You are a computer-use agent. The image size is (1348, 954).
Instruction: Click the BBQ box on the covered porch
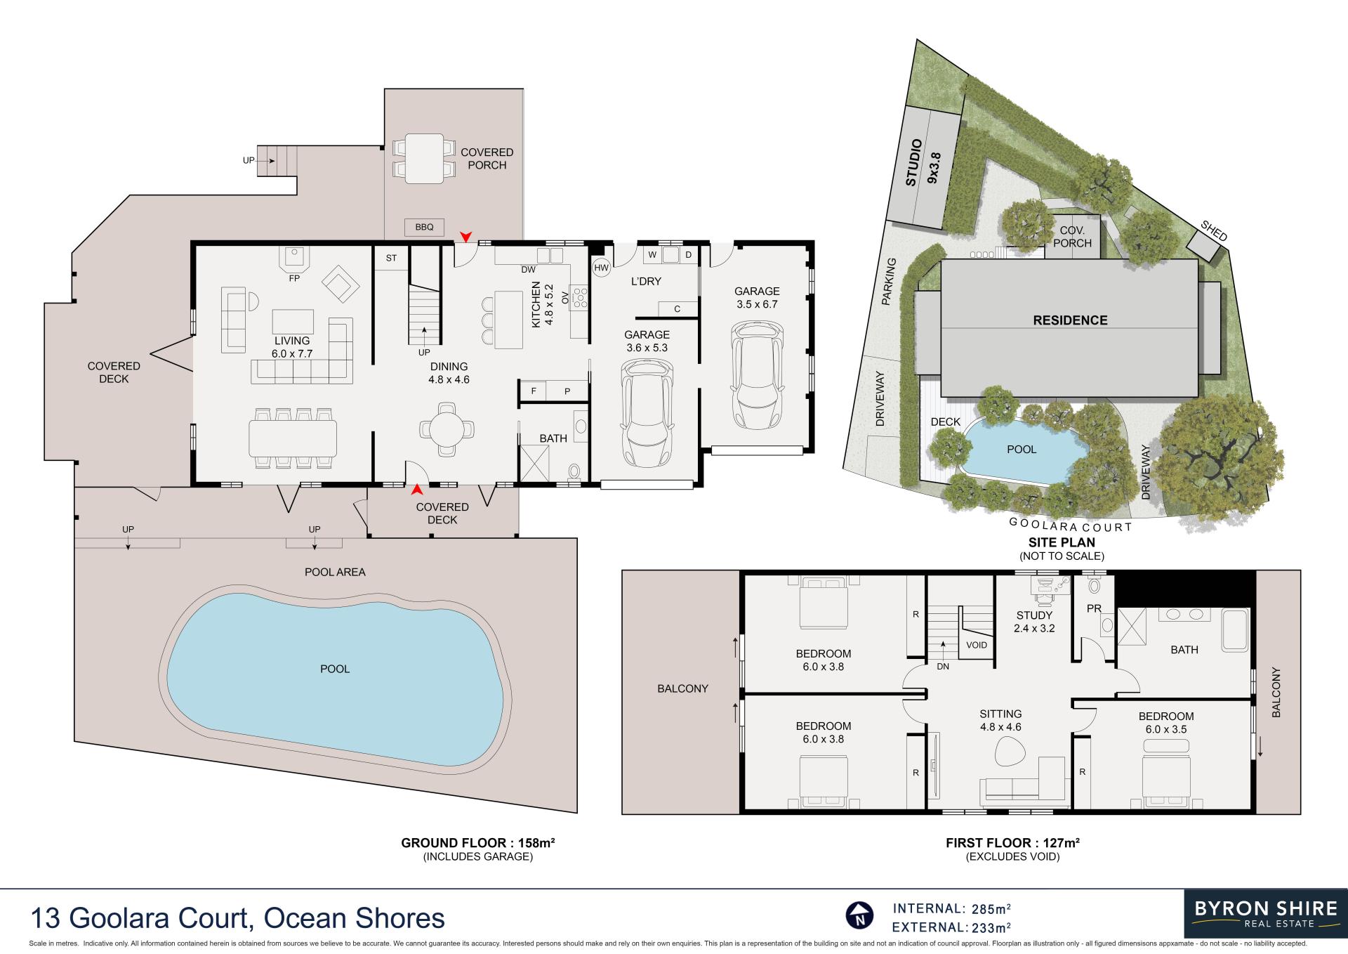(424, 227)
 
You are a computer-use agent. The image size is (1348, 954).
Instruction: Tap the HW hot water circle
(602, 268)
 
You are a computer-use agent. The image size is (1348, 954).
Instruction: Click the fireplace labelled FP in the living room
(295, 259)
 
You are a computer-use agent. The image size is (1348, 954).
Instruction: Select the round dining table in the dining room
(447, 428)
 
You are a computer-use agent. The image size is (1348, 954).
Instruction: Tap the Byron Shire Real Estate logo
(1265, 914)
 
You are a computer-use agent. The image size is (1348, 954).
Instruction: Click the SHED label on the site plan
(1214, 231)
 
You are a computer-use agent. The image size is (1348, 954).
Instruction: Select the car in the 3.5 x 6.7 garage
(756, 374)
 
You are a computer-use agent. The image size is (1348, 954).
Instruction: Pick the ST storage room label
(391, 258)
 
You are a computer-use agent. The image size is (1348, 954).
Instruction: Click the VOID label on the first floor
(977, 645)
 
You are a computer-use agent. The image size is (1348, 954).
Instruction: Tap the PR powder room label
(1094, 608)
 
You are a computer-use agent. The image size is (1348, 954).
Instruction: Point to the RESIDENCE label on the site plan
(1070, 320)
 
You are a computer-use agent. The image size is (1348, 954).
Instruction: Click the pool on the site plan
(1022, 450)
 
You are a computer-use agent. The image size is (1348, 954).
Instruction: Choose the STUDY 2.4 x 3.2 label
(1034, 622)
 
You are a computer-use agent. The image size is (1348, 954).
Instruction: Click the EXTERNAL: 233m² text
(952, 928)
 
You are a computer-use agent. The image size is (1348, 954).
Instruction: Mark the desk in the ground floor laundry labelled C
(678, 309)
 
